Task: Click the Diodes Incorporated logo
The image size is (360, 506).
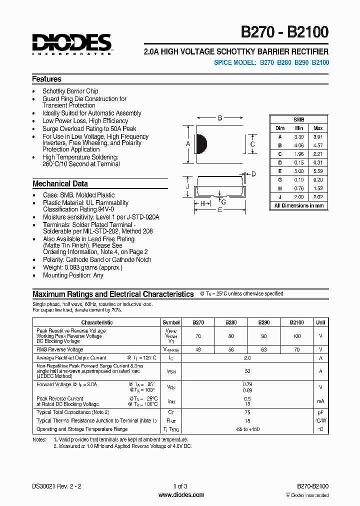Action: (x=72, y=43)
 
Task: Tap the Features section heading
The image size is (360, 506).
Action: (x=47, y=79)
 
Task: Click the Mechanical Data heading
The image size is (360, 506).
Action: (x=60, y=183)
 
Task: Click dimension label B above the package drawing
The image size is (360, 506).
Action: (x=219, y=118)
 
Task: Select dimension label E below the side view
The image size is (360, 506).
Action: (x=219, y=210)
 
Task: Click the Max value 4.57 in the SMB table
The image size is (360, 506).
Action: (x=317, y=145)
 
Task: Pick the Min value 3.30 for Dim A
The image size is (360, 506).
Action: (x=299, y=136)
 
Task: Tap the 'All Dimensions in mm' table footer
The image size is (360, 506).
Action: (x=299, y=205)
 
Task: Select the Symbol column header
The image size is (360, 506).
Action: (x=171, y=322)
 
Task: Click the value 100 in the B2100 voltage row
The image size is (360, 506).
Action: (x=296, y=336)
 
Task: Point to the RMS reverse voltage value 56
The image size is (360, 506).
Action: (x=231, y=349)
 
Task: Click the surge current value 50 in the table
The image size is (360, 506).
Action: (x=247, y=371)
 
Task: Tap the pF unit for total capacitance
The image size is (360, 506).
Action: (x=320, y=412)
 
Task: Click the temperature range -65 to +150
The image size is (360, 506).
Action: (x=247, y=429)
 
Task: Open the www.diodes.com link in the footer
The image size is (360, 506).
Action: (x=181, y=495)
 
